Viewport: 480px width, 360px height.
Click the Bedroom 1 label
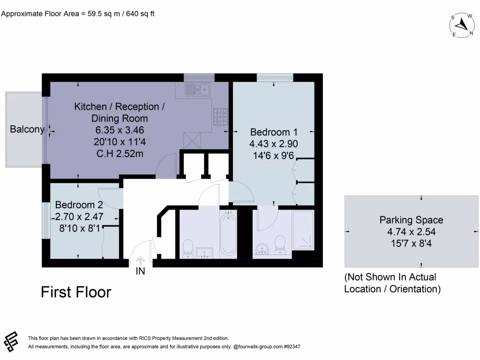coord(274,132)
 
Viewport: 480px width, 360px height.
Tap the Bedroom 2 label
coord(79,205)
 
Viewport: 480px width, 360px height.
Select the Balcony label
coord(27,129)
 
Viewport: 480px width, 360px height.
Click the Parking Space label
coord(411,220)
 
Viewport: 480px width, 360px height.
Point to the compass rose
coord(462,24)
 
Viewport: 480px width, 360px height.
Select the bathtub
coord(229,234)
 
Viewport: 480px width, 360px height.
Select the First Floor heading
coord(76,292)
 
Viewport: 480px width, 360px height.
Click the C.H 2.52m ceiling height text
coord(119,152)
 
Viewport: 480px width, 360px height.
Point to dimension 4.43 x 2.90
coord(274,144)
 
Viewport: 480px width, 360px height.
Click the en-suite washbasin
coord(262,249)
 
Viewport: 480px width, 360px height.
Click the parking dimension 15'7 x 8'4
coord(411,243)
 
